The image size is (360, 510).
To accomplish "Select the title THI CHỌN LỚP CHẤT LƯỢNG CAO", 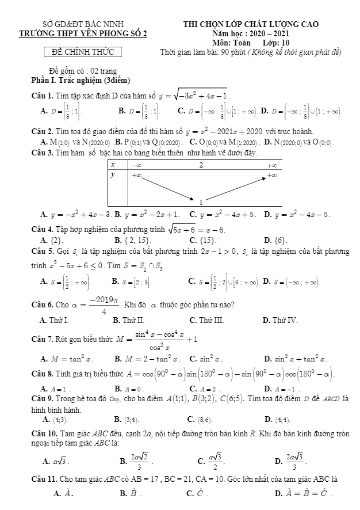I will click(x=251, y=24).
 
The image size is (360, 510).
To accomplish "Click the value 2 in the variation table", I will click(x=201, y=165).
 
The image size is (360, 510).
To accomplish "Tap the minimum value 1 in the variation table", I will click(x=201, y=202).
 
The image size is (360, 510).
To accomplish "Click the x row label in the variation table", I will click(x=113, y=165).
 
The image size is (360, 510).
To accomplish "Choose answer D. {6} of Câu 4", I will click(x=275, y=239).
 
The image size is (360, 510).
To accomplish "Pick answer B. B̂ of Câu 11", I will click(x=128, y=493).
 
